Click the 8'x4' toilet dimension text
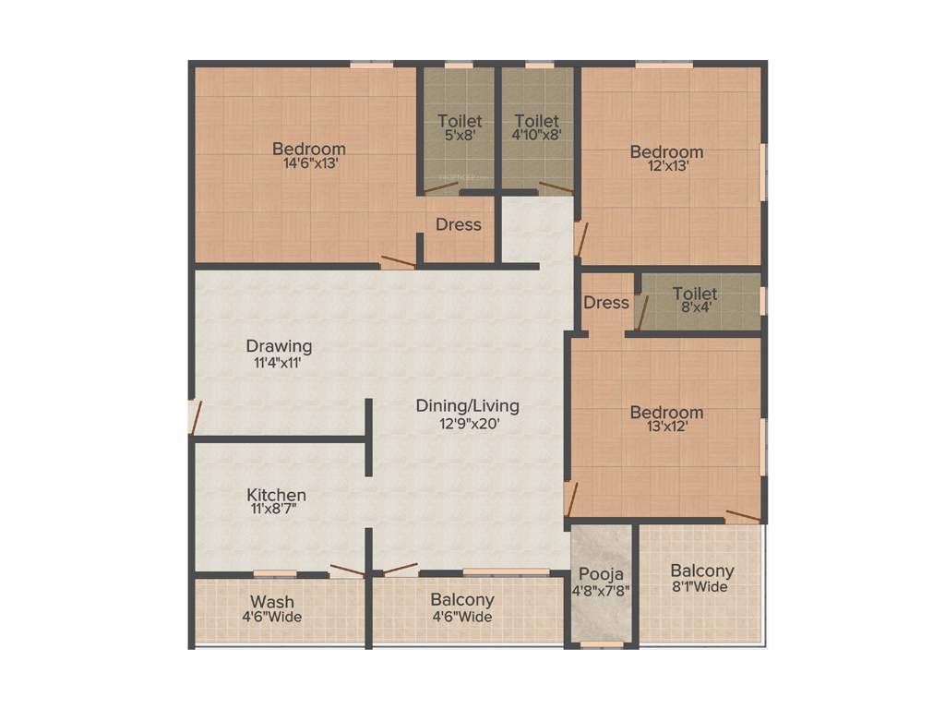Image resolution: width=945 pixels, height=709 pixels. tap(695, 308)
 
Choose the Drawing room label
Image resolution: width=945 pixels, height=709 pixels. tap(279, 346)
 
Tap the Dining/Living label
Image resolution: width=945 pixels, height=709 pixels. tap(467, 405)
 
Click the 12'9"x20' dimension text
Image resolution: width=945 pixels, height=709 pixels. tap(469, 424)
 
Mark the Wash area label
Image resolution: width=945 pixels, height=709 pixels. tap(272, 602)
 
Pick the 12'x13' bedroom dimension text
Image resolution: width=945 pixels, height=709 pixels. tap(666, 167)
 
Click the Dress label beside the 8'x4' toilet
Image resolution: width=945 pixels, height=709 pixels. tap(606, 302)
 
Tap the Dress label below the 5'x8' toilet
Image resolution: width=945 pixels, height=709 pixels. tap(459, 224)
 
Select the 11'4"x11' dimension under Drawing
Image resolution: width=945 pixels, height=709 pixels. tap(279, 363)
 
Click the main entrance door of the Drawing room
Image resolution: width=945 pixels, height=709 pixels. tap(194, 416)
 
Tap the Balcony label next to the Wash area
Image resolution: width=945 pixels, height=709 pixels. tap(462, 600)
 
